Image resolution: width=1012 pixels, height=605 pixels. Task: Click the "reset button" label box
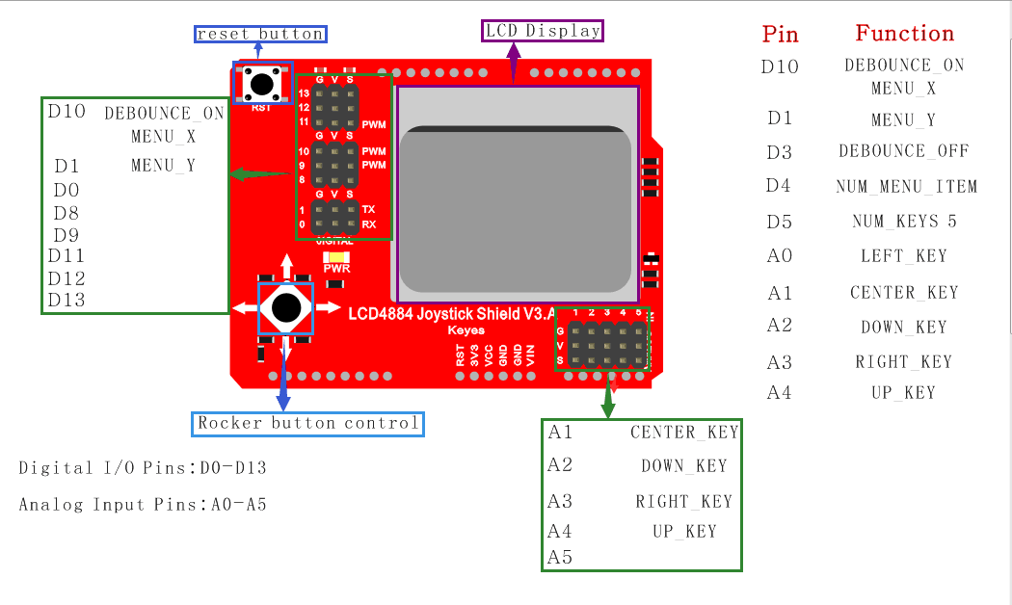pos(260,35)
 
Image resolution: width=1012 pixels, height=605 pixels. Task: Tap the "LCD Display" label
pos(543,31)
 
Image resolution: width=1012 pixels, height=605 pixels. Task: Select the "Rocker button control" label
pos(308,423)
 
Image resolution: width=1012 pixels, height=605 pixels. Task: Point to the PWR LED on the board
pos(336,257)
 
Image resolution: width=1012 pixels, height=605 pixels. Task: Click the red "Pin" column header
pos(781,35)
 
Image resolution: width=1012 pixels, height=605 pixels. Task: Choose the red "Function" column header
pos(904,34)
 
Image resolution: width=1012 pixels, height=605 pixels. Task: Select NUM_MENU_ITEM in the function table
pos(906,187)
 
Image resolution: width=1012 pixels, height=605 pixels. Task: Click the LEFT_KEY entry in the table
pos(904,256)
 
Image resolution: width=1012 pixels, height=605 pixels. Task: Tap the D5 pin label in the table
pos(779,222)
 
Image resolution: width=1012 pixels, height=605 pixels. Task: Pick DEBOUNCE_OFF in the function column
pos(903,151)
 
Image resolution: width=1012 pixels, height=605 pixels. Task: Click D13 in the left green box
pos(67,300)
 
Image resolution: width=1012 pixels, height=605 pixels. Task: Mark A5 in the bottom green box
pos(560,557)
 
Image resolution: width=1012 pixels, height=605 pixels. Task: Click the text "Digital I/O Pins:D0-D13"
pos(143,468)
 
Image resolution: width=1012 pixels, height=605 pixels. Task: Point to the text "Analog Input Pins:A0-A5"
pos(143,505)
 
